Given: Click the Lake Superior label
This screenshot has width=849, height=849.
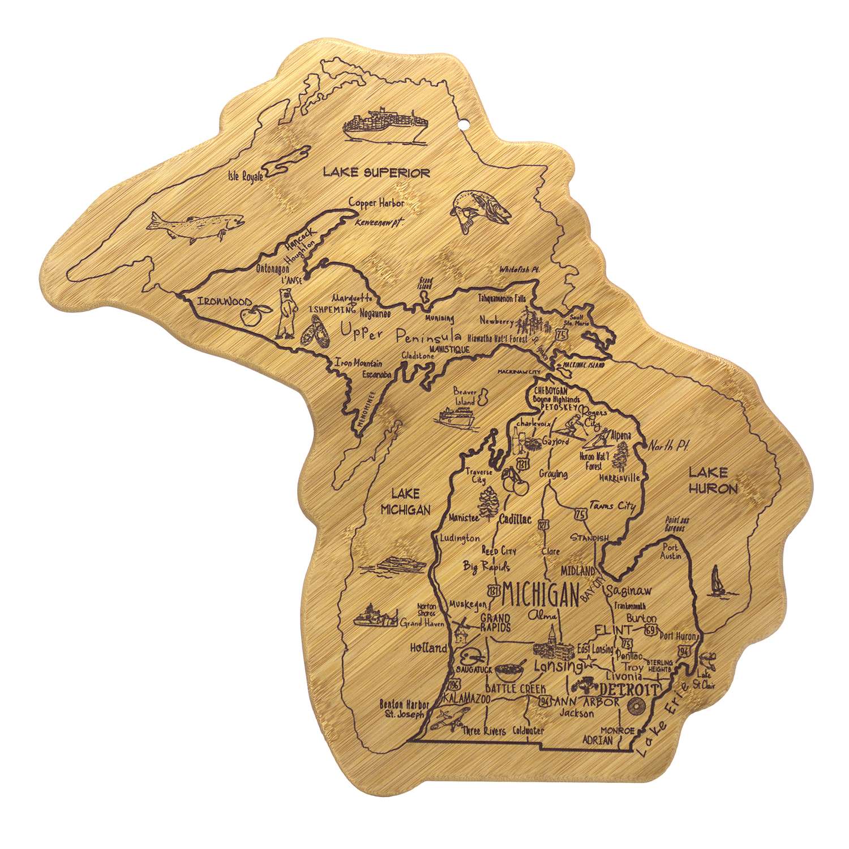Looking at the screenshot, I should [x=376, y=172].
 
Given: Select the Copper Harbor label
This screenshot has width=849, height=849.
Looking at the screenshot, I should [x=376, y=203].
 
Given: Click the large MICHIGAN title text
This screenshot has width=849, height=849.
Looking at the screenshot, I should [x=541, y=594].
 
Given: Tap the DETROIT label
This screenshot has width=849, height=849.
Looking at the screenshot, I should [x=629, y=690].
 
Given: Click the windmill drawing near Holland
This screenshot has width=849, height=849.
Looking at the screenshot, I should [x=460, y=628].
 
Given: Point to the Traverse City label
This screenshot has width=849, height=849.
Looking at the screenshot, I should [x=478, y=475].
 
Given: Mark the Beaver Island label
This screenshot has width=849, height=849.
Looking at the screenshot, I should [x=464, y=396].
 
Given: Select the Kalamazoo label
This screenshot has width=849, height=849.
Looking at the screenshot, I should [x=466, y=698].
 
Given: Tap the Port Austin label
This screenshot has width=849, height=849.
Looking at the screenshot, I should [x=671, y=552].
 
